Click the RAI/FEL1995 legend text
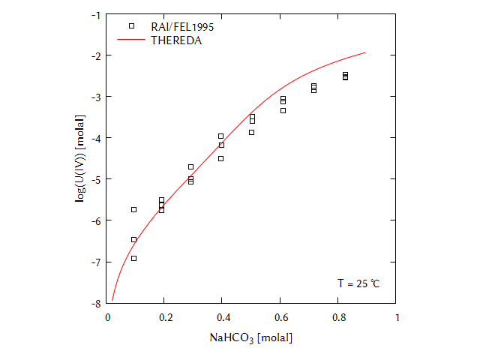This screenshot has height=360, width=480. (183, 26)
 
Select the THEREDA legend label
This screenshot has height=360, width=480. (176, 40)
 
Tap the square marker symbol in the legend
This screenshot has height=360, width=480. (132, 26)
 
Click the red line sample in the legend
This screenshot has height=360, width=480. (132, 40)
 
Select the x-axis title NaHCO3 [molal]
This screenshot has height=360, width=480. (250, 338)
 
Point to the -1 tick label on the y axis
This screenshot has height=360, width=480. (95, 14)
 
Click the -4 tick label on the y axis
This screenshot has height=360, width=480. (95, 138)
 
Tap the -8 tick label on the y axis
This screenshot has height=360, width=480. (95, 303)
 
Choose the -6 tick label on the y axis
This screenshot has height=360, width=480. (95, 220)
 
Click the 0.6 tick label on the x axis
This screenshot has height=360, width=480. (280, 317)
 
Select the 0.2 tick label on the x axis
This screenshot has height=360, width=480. (164, 317)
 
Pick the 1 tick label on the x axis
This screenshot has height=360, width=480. (396, 317)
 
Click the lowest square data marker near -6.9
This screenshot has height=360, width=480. (133, 258)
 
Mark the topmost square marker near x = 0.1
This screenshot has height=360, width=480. (133, 209)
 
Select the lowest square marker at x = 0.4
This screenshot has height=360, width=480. (220, 158)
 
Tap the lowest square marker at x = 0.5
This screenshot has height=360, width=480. (252, 132)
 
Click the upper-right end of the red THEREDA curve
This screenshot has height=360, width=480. (365, 52)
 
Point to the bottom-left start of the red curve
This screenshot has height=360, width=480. (112, 301)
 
